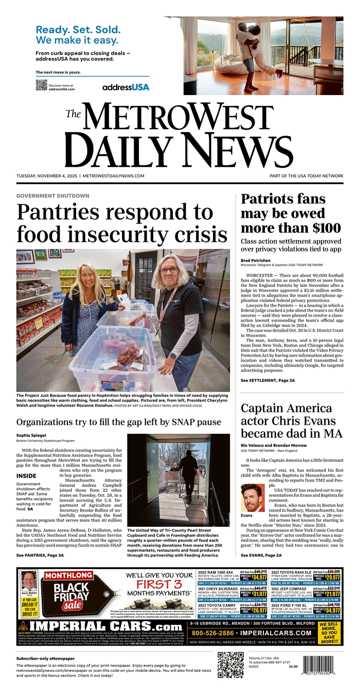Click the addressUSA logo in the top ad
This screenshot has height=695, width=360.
pos(125,87)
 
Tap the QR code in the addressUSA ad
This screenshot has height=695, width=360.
pos(41,85)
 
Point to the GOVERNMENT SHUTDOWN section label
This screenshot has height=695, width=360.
pos(52,196)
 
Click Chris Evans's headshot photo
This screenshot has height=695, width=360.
pos(252,497)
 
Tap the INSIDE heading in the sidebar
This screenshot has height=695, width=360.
pos(26,476)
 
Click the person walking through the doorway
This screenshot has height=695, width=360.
pos(188,471)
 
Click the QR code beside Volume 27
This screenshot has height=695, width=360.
pos(230,665)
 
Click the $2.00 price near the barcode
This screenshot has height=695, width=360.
pos(293,666)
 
